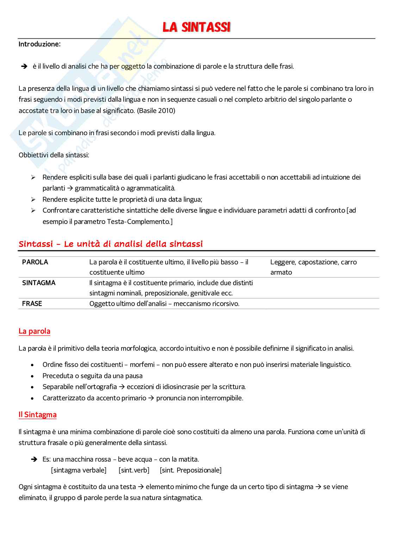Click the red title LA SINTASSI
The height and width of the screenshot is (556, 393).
tap(196, 27)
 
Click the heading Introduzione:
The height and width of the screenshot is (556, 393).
tap(39, 44)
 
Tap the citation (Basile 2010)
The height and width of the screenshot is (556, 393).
tap(156, 111)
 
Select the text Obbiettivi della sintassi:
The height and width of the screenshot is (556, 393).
tap(54, 155)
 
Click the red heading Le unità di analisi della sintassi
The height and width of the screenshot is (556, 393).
tap(111, 244)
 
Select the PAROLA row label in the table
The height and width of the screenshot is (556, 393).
tap(35, 262)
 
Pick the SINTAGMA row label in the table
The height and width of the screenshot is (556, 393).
tap(39, 283)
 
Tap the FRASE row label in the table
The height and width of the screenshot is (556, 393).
tap(32, 304)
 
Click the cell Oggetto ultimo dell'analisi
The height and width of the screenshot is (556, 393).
tap(164, 304)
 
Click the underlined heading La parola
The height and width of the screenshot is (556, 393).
tap(34, 331)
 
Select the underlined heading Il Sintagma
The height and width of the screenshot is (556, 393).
tap(37, 415)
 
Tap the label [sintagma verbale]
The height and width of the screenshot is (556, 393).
tap(79, 470)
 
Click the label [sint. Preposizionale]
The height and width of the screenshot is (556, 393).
tap(191, 470)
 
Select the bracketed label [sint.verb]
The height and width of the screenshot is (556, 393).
tap(134, 470)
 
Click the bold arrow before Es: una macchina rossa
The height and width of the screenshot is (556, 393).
tap(34, 459)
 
